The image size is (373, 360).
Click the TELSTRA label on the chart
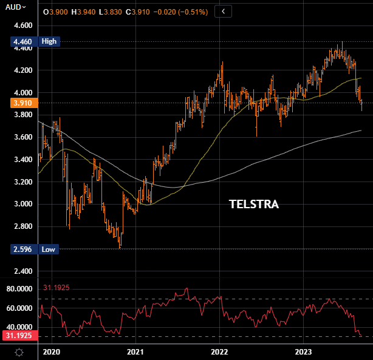coord(253,205)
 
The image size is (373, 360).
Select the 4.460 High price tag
coord(29,42)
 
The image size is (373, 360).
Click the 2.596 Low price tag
coord(29,249)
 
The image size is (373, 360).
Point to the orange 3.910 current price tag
coord(18,103)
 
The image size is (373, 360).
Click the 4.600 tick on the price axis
coord(18,25)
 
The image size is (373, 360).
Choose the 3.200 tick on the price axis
coord(18,182)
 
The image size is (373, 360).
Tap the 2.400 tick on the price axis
coord(18,271)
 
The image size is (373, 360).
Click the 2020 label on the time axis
coord(52,352)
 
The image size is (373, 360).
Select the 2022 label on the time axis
coord(219,352)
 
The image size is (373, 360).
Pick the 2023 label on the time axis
coord(303,352)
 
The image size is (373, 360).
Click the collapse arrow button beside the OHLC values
coord(224,12)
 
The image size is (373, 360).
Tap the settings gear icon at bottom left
coord(19,352)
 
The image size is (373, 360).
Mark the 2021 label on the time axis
coord(135,352)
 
